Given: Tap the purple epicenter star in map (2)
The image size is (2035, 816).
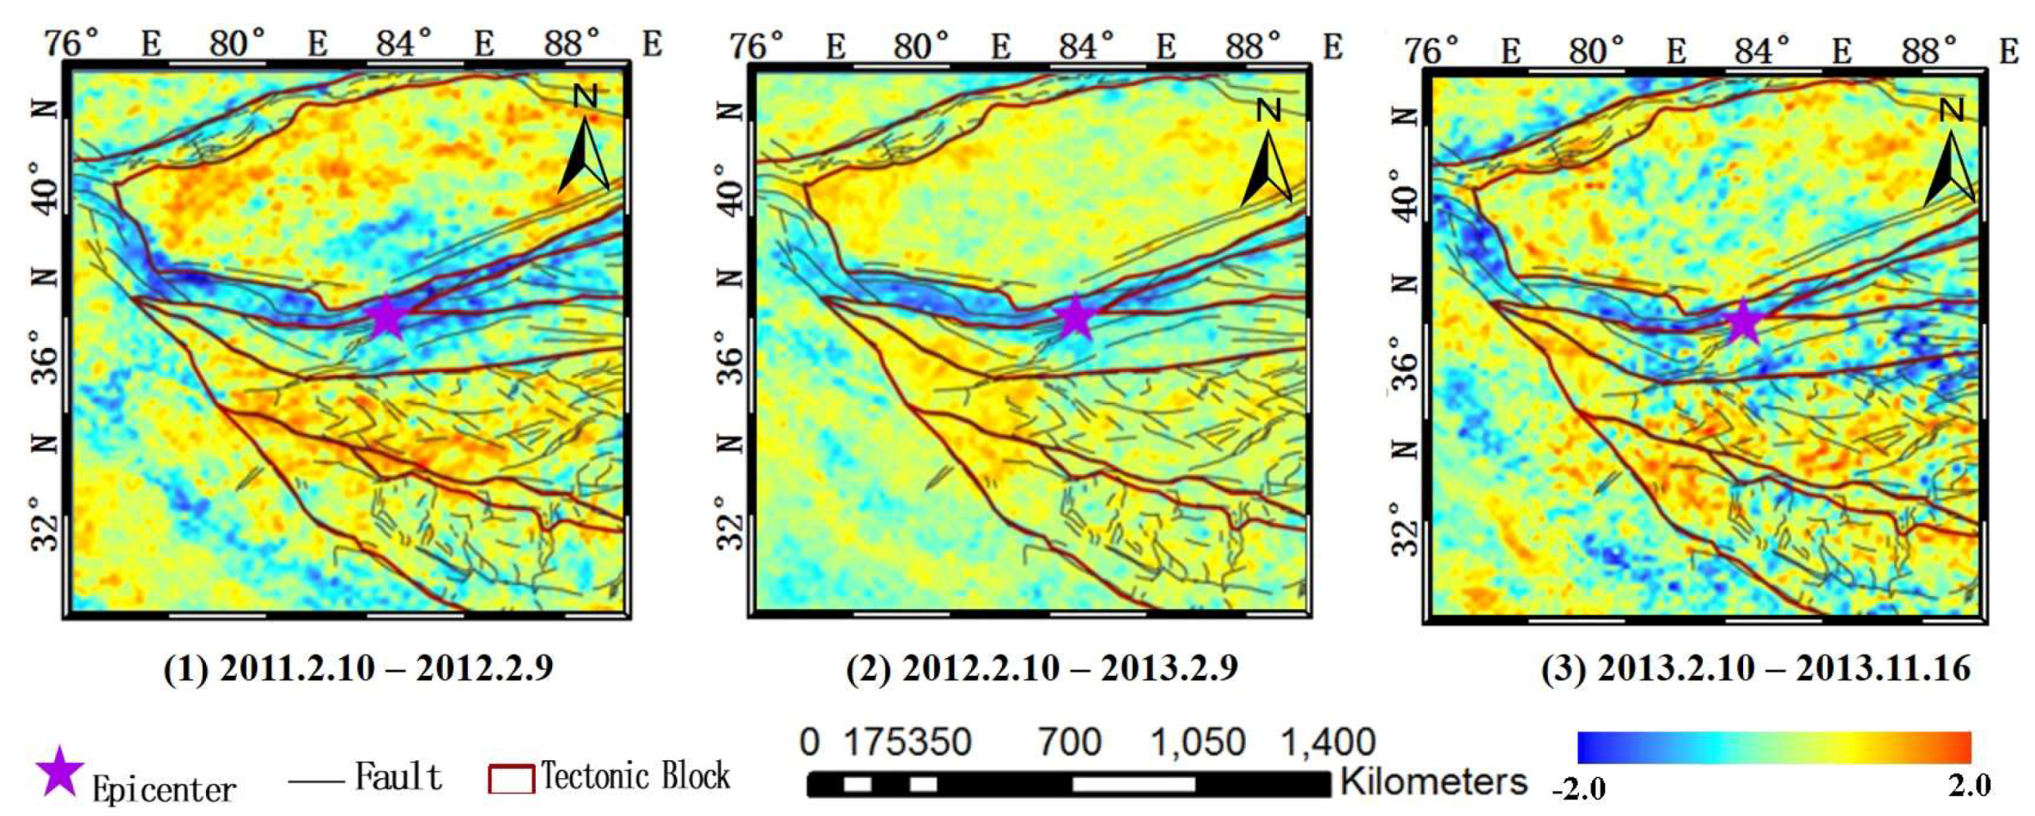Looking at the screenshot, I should (1075, 316).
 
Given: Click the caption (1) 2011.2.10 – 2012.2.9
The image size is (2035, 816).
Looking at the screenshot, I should (358, 668).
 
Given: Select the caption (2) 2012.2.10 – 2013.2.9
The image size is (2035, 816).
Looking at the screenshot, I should (1042, 668).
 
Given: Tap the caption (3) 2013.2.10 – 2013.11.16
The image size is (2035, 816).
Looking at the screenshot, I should (1755, 668).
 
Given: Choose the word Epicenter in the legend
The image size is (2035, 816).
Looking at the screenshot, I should (163, 789).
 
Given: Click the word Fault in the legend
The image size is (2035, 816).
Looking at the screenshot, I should (398, 776).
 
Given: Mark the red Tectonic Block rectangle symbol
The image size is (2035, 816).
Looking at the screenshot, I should (512, 779).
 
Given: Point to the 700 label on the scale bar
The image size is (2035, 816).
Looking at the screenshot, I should (1069, 741).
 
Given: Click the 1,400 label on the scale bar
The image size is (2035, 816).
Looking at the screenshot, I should (1328, 741).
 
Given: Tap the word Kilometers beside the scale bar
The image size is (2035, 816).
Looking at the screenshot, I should (1433, 782).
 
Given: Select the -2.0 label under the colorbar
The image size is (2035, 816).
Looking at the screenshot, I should (1578, 788).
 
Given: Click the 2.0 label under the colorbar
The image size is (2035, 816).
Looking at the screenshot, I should (1969, 785).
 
